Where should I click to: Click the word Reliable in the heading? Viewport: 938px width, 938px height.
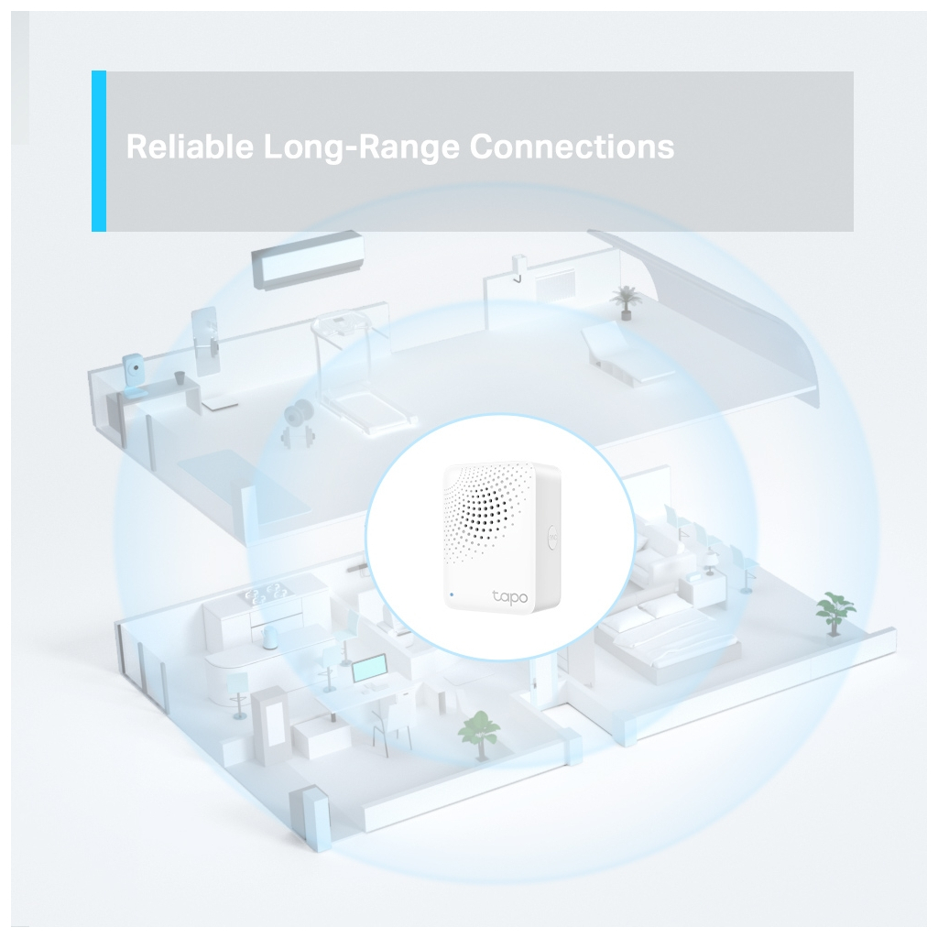pos(190,146)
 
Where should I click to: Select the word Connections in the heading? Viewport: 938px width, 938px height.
pos(572,146)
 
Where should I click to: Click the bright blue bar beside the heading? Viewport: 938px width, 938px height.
pos(99,151)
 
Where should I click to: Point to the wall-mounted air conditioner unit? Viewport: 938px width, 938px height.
pos(308,259)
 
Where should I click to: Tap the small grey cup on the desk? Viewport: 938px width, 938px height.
pos(180,377)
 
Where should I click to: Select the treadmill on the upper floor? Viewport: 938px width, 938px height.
pos(358,372)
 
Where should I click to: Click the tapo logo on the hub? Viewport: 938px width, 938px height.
pos(509,595)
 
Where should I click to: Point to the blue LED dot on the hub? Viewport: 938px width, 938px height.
pos(451,594)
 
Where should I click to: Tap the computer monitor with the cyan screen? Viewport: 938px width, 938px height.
pos(368,670)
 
